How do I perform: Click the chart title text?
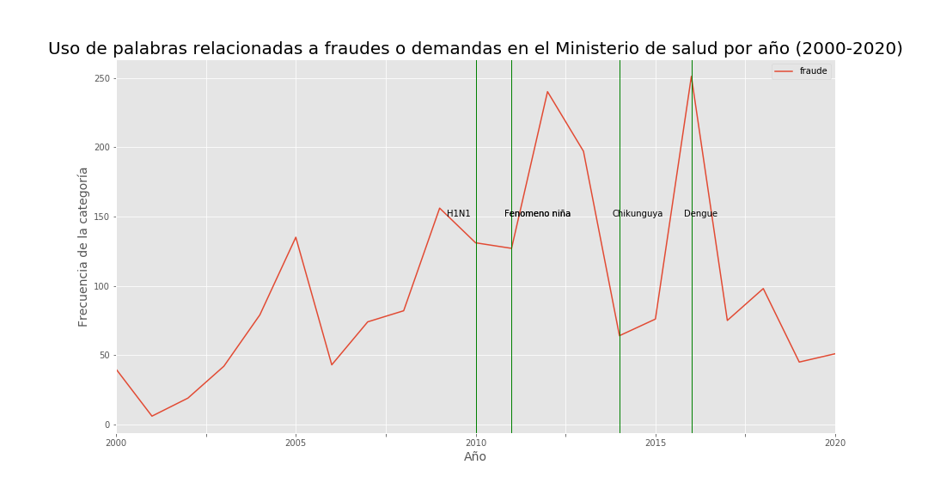tap(475, 49)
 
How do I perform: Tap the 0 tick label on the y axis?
tap(108, 425)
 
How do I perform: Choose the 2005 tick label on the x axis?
tap(296, 443)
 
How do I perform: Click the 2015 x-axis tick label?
tap(656, 443)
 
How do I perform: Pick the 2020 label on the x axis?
tap(834, 443)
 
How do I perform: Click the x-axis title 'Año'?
tap(475, 457)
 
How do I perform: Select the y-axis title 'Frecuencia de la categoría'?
tap(83, 247)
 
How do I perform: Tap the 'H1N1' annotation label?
tap(458, 214)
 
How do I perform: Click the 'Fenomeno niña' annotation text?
tap(537, 214)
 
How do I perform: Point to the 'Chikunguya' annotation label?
tap(638, 214)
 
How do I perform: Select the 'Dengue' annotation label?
tap(700, 214)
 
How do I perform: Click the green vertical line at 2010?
tap(476, 344)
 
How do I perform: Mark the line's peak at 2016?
tap(691, 76)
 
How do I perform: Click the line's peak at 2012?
tap(547, 92)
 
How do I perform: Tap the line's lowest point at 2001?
tap(152, 416)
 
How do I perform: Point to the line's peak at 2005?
tap(296, 237)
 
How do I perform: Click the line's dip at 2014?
tap(620, 335)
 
